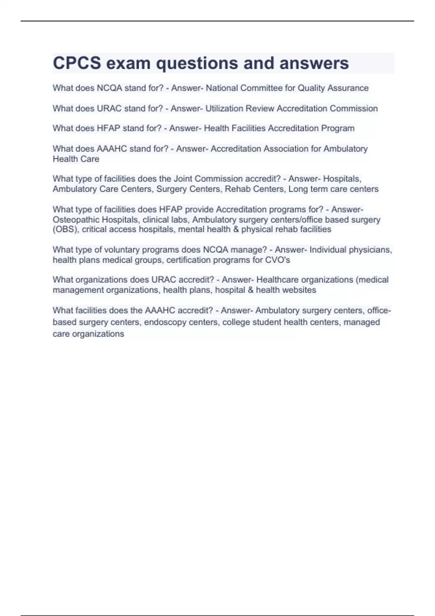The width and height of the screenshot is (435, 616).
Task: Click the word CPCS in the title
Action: [77, 63]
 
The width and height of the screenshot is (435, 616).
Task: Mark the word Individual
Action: [328, 250]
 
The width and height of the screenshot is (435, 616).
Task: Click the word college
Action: [236, 322]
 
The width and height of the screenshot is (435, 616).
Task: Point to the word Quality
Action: [311, 88]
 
